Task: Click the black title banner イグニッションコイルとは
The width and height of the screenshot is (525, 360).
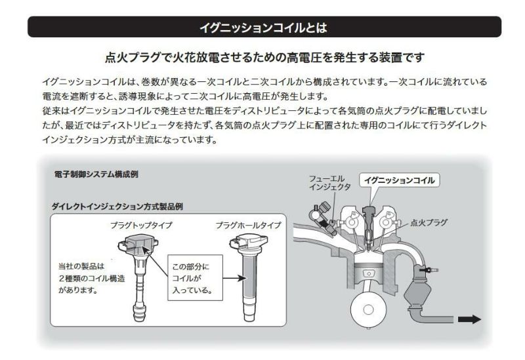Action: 262,27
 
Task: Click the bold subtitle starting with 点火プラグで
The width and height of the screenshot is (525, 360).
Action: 262,58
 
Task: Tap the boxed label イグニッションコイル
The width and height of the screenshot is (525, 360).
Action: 400,180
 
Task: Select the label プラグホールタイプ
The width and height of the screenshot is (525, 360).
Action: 248,226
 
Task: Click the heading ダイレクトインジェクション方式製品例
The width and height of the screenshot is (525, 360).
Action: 117,206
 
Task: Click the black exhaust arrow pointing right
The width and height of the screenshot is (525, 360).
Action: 469,319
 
